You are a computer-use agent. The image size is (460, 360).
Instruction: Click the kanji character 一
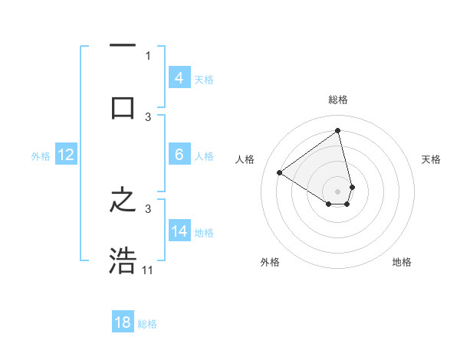pyautogui.click(x=123, y=47)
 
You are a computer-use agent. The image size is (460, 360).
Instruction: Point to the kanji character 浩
pyautogui.click(x=123, y=261)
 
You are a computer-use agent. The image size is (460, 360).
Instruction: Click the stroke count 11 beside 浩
pyautogui.click(x=148, y=270)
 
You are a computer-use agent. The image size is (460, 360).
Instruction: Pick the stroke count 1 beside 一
pyautogui.click(x=148, y=55)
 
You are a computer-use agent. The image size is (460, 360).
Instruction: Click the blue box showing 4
pyautogui.click(x=179, y=77)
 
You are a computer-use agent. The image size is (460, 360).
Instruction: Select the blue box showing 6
pyautogui.click(x=179, y=154)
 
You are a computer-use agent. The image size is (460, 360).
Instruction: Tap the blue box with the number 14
pyautogui.click(x=179, y=231)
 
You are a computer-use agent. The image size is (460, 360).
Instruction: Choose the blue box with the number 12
pyautogui.click(x=66, y=155)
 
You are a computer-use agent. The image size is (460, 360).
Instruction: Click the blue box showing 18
pyautogui.click(x=123, y=322)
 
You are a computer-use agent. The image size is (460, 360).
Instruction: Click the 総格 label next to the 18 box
pyautogui.click(x=147, y=324)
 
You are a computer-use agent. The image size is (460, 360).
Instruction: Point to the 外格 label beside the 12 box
pyautogui.click(x=41, y=155)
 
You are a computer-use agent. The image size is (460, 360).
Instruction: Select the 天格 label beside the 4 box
pyautogui.click(x=204, y=79)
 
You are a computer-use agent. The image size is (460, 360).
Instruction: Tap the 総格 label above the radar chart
pyautogui.click(x=338, y=100)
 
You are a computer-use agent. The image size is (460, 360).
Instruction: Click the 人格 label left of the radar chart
pyautogui.click(x=245, y=159)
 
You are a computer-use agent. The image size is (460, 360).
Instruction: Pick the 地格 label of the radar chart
pyautogui.click(x=402, y=262)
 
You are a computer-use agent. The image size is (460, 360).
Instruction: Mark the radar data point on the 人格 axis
pyautogui.click(x=280, y=173)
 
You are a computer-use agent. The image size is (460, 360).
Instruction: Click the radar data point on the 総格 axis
pyautogui.click(x=338, y=131)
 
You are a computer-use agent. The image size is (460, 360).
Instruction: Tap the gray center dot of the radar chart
pyautogui.click(x=338, y=191)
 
